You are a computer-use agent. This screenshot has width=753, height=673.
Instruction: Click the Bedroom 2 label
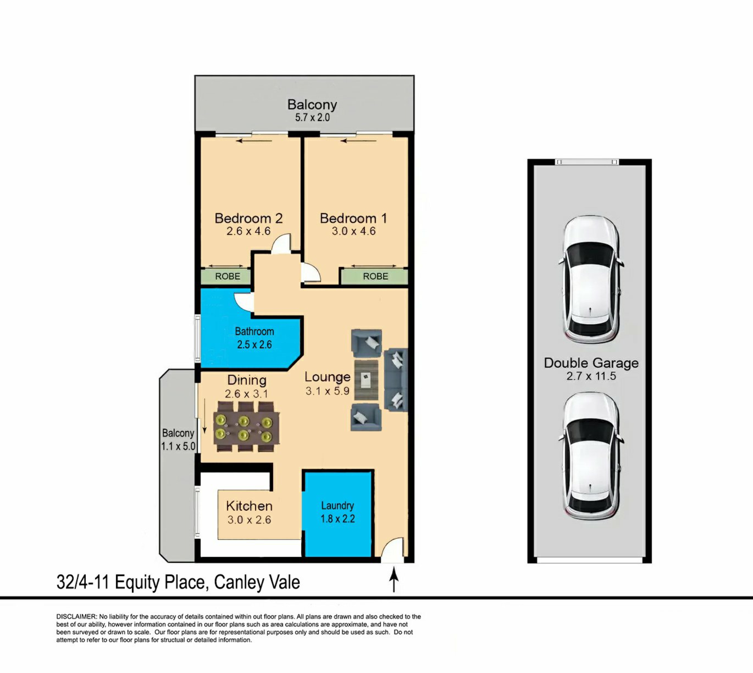pos(249,218)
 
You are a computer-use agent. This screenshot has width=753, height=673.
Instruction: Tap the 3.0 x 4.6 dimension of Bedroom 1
pos(354,231)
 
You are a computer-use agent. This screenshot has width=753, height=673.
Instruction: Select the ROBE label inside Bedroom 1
pos(375,276)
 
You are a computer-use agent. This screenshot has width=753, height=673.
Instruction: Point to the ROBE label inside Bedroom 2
pos(227,276)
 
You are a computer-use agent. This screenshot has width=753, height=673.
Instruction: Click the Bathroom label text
pos(254,331)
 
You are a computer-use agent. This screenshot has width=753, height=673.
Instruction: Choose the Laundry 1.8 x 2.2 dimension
pos(338,519)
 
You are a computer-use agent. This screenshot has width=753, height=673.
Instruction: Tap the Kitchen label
pos(249,506)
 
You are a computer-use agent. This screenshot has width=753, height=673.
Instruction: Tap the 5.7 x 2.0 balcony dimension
pos(312,117)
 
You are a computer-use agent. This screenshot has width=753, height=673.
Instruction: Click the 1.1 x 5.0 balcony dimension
pos(178,447)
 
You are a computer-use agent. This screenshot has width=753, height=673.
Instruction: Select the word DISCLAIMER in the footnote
pos(76,616)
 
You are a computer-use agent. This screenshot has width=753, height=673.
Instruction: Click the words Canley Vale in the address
pos(257,582)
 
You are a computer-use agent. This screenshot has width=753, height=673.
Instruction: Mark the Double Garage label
pos(591,363)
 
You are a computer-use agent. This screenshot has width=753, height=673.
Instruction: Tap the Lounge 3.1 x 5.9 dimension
pos(327,391)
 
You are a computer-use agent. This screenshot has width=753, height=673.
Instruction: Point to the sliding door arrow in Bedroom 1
pos(358,141)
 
